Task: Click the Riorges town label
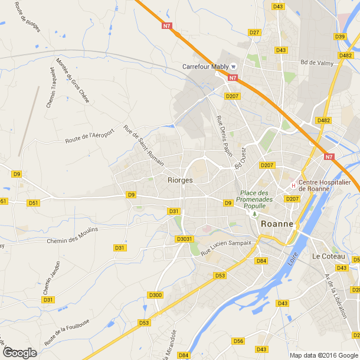point(180,180)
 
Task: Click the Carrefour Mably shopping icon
point(234,66)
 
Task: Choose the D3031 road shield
point(185,239)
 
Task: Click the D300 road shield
point(156,294)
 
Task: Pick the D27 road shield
point(254,32)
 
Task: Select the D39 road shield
point(340,37)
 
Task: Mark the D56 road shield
point(238,341)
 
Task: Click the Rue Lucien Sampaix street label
point(226,248)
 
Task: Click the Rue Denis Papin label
point(224,136)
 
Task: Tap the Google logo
point(19,353)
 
